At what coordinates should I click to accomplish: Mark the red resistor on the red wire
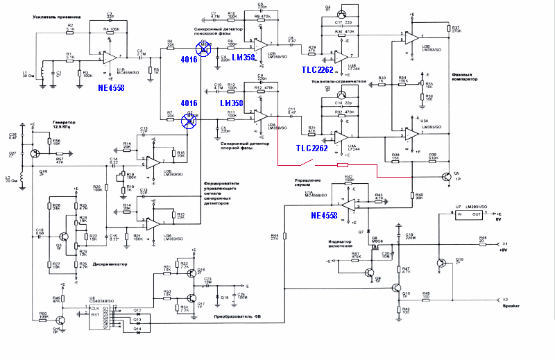[342, 166]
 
